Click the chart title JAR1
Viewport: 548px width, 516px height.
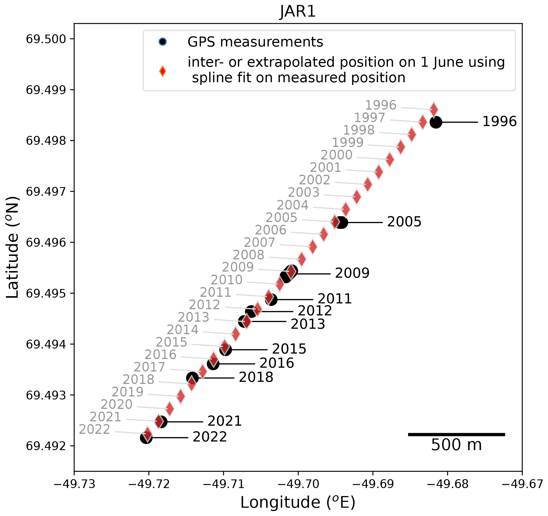pyautogui.click(x=298, y=12)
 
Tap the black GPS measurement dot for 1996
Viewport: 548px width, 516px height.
pyautogui.click(x=436, y=122)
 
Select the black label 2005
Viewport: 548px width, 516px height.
pyautogui.click(x=404, y=222)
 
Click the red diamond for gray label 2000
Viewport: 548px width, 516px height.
pyautogui.click(x=390, y=159)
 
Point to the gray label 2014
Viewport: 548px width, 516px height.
pyautogui.click(x=182, y=330)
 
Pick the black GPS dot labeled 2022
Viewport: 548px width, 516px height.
pyautogui.click(x=146, y=438)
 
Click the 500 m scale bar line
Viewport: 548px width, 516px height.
pyautogui.click(x=456, y=434)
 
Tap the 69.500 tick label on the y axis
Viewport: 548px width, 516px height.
pyautogui.click(x=46, y=39)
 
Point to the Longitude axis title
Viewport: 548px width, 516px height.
pyautogui.click(x=298, y=502)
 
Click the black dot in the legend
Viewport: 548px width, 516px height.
pyautogui.click(x=163, y=42)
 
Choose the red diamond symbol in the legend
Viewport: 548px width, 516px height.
pyautogui.click(x=163, y=71)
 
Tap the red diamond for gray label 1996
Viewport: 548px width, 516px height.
pyautogui.click(x=434, y=109)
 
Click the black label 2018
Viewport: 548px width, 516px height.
pyautogui.click(x=256, y=377)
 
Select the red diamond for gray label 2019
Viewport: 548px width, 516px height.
pyautogui.click(x=181, y=396)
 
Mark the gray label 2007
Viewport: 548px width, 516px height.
pyautogui.click(x=259, y=242)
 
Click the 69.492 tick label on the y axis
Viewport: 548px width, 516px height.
pyautogui.click(x=46, y=446)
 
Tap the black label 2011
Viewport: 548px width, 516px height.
pyautogui.click(x=335, y=299)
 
